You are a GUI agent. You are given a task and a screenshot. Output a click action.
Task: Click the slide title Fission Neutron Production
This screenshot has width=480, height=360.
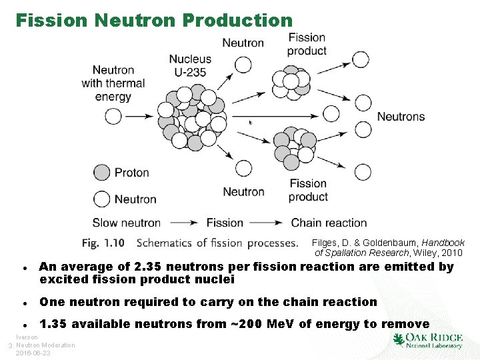[x=154, y=20]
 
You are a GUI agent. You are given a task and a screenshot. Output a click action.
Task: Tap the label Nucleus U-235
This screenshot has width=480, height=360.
[x=190, y=65]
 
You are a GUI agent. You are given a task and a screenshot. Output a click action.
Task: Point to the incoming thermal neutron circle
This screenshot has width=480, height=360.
[x=113, y=117]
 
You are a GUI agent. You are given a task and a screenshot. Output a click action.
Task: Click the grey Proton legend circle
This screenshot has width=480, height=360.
[x=101, y=173]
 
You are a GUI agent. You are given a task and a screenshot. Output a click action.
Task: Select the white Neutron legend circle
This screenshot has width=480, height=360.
[x=101, y=199]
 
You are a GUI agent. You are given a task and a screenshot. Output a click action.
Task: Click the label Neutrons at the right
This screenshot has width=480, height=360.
[x=401, y=117]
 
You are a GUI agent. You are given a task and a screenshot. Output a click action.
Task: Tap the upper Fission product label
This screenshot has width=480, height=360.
[x=307, y=44]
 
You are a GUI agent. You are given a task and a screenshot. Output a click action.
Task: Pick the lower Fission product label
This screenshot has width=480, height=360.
[x=308, y=190]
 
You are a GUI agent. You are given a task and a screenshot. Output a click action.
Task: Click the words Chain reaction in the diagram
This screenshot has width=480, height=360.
[x=329, y=223]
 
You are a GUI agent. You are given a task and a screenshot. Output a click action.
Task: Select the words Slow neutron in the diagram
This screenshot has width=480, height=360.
[x=126, y=223]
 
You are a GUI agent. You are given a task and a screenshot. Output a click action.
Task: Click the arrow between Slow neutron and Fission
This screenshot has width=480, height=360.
[x=183, y=223]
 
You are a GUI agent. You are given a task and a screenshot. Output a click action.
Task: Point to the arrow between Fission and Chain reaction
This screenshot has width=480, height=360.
[x=267, y=223]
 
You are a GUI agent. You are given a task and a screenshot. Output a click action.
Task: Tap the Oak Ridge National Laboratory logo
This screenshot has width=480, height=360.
[x=428, y=340]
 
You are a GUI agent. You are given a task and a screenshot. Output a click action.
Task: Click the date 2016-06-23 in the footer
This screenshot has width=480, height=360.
[x=33, y=353]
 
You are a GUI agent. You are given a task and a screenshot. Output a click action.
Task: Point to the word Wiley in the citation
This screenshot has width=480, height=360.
[x=426, y=253]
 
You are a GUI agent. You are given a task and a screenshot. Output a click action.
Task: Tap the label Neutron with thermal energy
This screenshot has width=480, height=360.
[x=113, y=83]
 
